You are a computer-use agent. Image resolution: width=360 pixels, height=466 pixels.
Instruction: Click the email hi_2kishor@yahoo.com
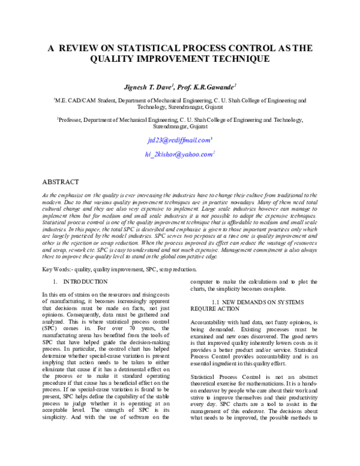pos(179,154)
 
